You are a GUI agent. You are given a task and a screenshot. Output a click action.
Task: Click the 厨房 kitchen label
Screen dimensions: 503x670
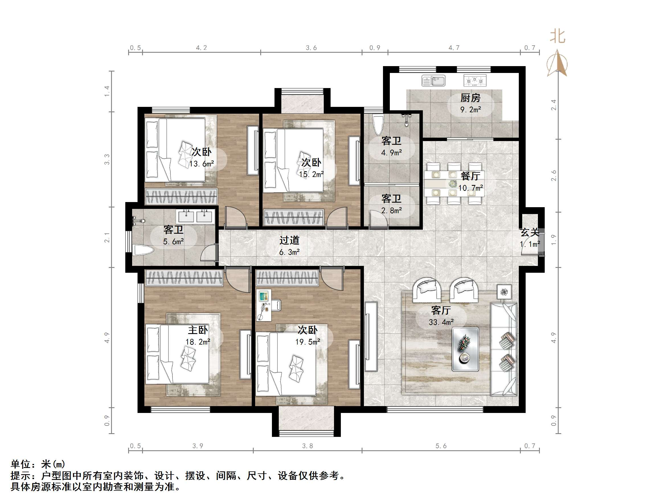(x=470, y=98)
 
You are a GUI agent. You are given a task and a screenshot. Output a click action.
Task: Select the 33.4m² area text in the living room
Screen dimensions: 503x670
(x=441, y=322)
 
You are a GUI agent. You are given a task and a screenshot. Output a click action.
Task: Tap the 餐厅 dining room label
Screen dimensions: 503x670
(x=470, y=176)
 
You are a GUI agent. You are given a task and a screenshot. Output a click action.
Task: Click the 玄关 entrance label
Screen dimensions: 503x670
(x=530, y=233)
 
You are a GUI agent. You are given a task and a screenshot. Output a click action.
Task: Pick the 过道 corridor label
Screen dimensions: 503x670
(x=289, y=241)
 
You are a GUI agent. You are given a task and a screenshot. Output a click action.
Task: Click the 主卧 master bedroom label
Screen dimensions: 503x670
(x=198, y=330)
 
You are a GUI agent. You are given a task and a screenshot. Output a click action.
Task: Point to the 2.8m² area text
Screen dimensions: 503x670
(x=391, y=210)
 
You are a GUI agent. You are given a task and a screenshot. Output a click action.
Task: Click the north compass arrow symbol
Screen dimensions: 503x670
(x=557, y=64)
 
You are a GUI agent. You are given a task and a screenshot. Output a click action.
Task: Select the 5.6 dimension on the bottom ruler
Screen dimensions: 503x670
(x=441, y=446)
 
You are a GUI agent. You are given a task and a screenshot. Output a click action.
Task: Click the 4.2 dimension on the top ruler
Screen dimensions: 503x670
(x=201, y=48)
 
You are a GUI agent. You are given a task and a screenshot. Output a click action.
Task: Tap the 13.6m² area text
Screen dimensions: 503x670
(x=201, y=164)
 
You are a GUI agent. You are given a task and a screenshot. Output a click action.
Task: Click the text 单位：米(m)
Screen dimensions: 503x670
(x=38, y=464)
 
